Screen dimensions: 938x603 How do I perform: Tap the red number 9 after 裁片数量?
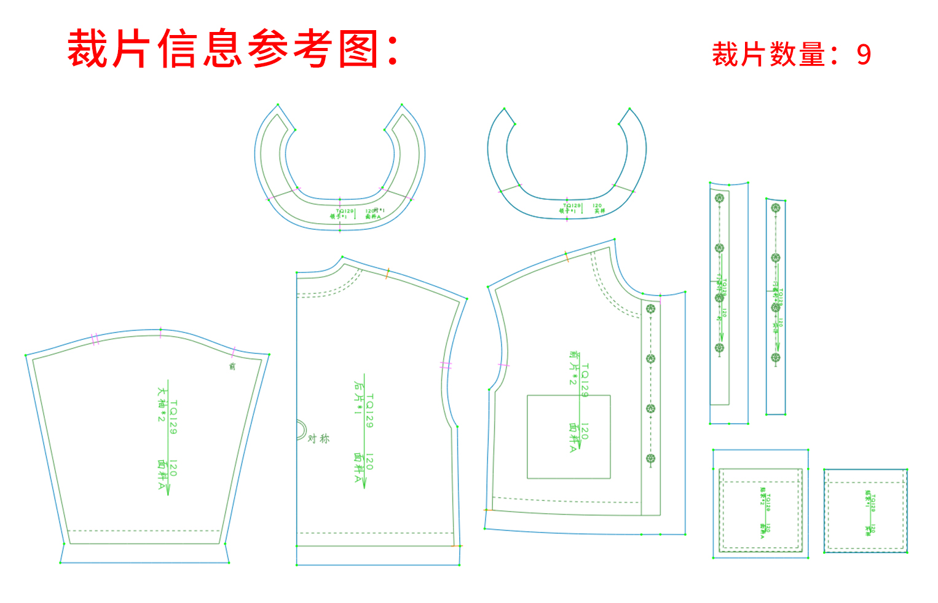(x=864, y=55)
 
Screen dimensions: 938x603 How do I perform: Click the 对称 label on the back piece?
(x=318, y=438)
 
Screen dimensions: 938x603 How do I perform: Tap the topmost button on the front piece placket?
(x=650, y=309)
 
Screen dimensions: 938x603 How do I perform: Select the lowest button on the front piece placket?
(x=650, y=459)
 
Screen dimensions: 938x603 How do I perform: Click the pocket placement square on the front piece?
(x=569, y=436)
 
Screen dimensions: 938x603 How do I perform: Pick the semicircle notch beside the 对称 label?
(x=301, y=430)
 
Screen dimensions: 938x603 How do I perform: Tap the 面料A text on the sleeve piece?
(x=162, y=474)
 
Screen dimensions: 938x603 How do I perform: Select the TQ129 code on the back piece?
(x=369, y=411)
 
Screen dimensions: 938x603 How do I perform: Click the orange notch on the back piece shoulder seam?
(x=387, y=274)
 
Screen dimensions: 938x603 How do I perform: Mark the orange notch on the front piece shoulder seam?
(x=567, y=256)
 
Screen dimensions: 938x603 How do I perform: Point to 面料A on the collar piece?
(x=372, y=216)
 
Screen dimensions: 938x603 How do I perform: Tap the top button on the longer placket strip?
(x=719, y=198)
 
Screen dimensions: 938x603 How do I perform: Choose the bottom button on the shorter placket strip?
(x=776, y=357)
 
